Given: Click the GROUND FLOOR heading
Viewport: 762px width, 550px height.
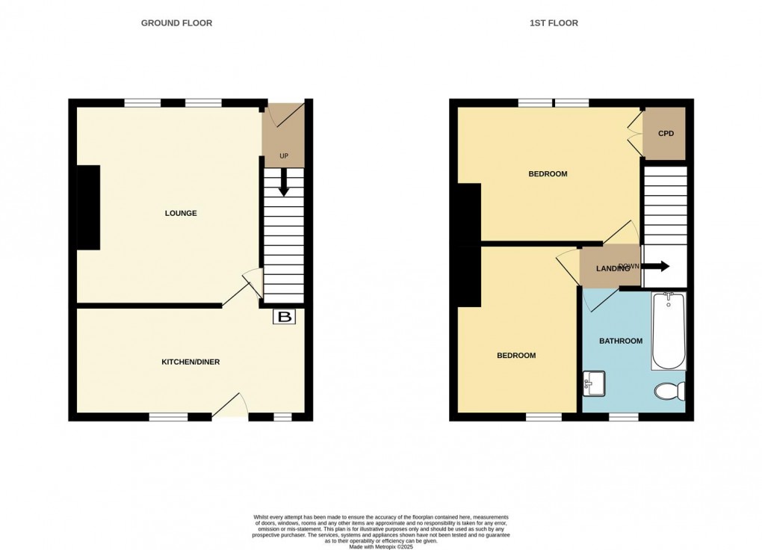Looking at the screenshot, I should tap(176, 23).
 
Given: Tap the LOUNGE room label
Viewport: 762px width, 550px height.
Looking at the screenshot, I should tap(181, 213).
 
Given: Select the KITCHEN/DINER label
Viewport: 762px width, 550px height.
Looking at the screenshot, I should tap(190, 362).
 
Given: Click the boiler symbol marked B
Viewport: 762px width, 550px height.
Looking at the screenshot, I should tap(285, 318).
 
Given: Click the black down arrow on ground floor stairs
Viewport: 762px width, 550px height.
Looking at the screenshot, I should tap(283, 182).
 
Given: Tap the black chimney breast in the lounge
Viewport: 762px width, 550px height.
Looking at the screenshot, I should tap(88, 207).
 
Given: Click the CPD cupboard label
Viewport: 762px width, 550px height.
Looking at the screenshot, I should tap(666, 134).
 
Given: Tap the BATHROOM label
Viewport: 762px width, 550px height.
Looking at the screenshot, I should tap(621, 341).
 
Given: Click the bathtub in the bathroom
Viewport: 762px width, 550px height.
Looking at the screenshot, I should tap(668, 331).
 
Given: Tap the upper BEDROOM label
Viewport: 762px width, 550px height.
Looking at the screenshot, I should tap(548, 174).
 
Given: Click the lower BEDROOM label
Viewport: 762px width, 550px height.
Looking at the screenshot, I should tap(516, 355).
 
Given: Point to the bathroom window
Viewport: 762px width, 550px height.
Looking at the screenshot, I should tap(623, 417).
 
